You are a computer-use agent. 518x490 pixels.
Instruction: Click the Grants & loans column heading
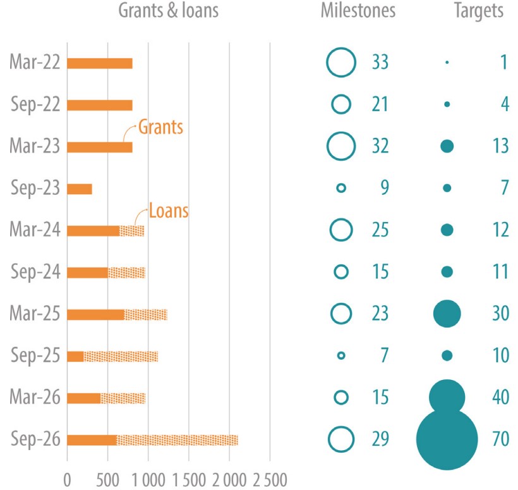[x=169, y=11]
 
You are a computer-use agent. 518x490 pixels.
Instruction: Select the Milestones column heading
[x=358, y=11]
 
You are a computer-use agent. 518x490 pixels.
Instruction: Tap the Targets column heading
[x=479, y=11]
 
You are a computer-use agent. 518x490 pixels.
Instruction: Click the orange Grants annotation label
[x=160, y=127]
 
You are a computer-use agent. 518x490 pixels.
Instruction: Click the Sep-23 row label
[x=35, y=188]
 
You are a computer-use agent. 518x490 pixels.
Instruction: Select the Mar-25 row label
[x=35, y=314]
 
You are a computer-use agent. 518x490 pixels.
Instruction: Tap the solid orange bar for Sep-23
[x=80, y=188]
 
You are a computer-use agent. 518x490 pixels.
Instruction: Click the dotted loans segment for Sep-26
[x=177, y=439]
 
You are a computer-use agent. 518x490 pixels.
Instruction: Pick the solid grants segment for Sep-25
[x=75, y=356]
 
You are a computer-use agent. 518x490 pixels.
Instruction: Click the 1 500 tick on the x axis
[x=189, y=475]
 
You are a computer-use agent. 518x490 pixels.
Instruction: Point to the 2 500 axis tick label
[x=270, y=475]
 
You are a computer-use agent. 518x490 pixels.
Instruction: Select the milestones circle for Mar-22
[x=341, y=63]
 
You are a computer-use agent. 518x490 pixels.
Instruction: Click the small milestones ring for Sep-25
[x=341, y=356]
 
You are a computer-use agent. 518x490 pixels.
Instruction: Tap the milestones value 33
[x=380, y=63]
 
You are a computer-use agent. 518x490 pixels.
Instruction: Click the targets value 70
[x=500, y=439]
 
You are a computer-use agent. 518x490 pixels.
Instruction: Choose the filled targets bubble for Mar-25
[x=447, y=314]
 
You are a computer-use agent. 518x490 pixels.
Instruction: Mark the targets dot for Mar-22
[x=447, y=63]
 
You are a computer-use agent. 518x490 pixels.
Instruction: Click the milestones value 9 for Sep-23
[x=383, y=188]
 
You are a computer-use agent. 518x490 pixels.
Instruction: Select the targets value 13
[x=500, y=147]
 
